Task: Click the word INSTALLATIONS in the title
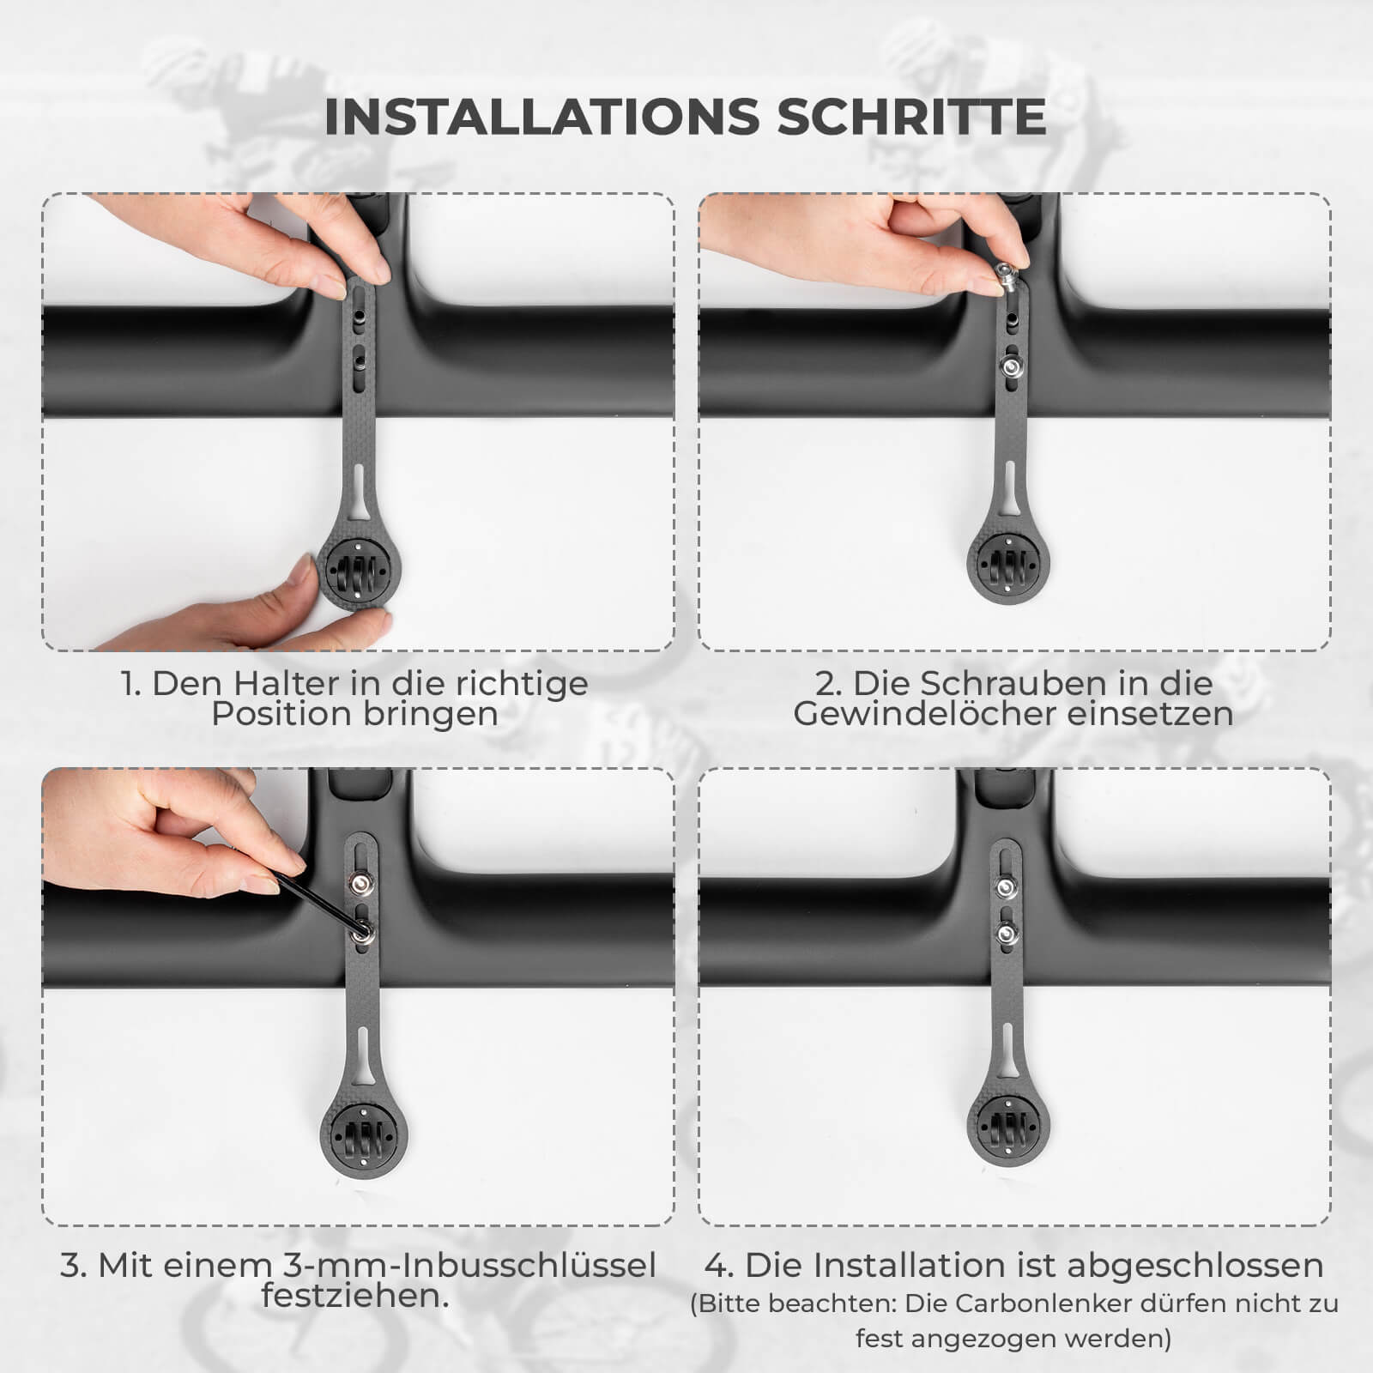pos(542,117)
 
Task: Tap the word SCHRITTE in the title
pos(911,117)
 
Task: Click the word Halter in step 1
pos(287,683)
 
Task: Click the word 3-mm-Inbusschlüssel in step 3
pos(469,1265)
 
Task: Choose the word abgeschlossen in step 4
pos(1195,1265)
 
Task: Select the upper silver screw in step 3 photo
pos(360,884)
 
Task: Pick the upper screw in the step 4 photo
pos(1005,885)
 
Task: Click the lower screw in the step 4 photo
pos(1005,931)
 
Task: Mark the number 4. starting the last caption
pos(719,1265)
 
